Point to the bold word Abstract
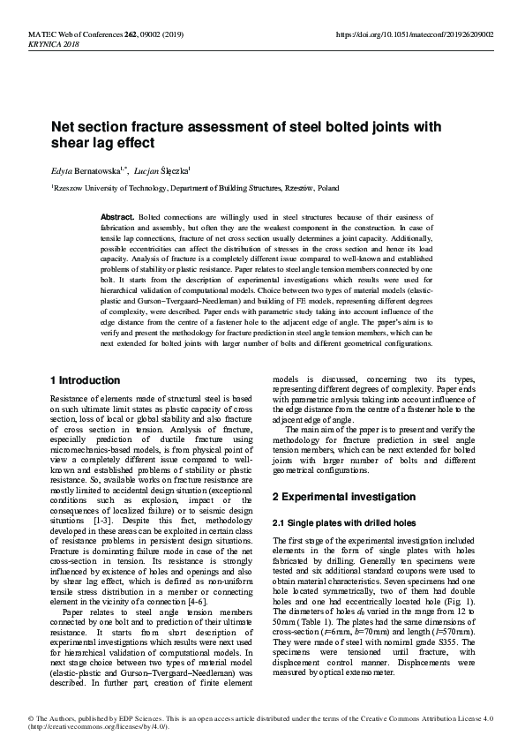[x=116, y=216]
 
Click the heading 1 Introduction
[x=85, y=380]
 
